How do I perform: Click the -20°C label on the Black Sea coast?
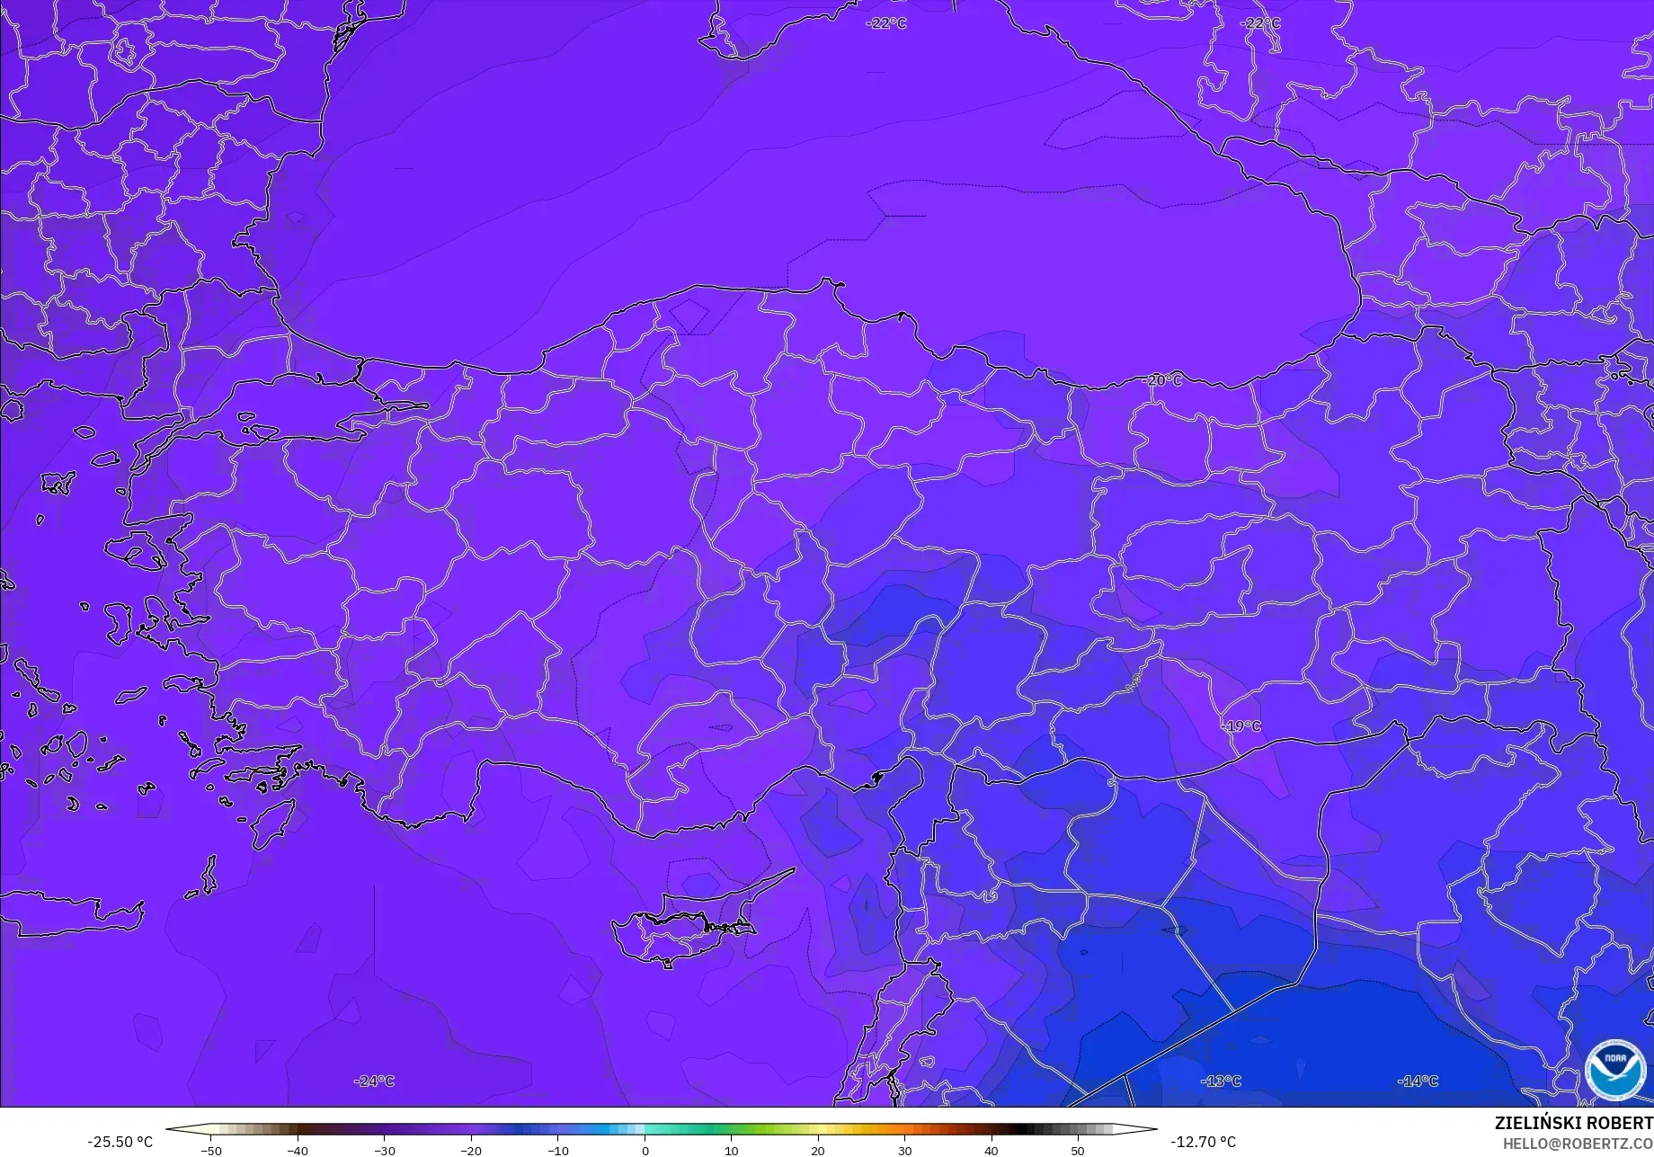(1162, 380)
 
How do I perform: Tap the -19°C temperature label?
(1241, 725)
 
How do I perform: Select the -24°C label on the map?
(374, 1081)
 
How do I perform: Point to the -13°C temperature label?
(1221, 1081)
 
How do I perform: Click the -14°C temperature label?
(1418, 1081)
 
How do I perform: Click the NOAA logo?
(1615, 1070)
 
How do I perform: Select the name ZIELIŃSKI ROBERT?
(1573, 1124)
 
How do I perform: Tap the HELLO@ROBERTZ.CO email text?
(1578, 1144)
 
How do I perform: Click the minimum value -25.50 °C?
(120, 1142)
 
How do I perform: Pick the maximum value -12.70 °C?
(1203, 1142)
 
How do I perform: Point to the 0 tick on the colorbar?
(645, 1150)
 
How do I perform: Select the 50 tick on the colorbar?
(1078, 1150)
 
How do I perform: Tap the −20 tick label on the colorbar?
(471, 1150)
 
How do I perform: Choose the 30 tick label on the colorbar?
(904, 1150)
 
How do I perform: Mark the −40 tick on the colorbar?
(298, 1150)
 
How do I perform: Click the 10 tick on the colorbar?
(731, 1150)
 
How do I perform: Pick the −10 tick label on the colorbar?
(557, 1150)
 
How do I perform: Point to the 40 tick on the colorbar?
(991, 1150)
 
